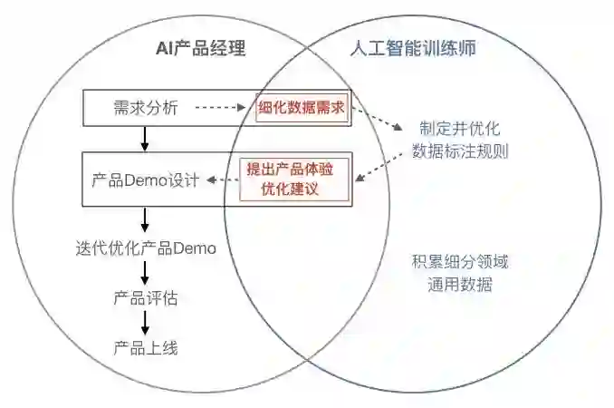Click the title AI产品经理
pos(201,48)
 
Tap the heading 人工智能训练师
pos(412,48)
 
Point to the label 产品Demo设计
pos(145,179)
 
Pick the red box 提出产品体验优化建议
pos(283,180)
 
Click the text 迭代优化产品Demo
pos(146,247)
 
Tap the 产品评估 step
pos(145,296)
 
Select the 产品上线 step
pos(145,347)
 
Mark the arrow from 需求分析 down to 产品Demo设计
pos(145,139)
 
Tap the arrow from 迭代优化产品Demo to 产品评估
pos(145,272)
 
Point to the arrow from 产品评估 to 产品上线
pos(145,322)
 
